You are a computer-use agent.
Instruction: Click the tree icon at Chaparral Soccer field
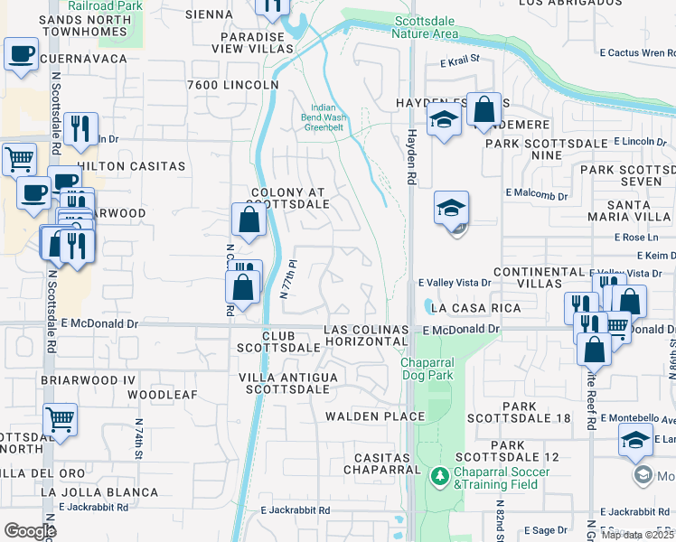click(x=440, y=475)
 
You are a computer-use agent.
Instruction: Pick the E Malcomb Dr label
click(x=536, y=194)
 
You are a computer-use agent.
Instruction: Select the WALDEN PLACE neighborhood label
click(x=375, y=416)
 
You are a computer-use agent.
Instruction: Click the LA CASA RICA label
click(x=475, y=308)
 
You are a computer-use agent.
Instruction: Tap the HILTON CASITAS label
click(x=131, y=166)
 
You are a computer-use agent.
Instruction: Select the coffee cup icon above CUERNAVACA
click(x=21, y=53)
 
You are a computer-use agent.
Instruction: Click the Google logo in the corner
click(x=29, y=531)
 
